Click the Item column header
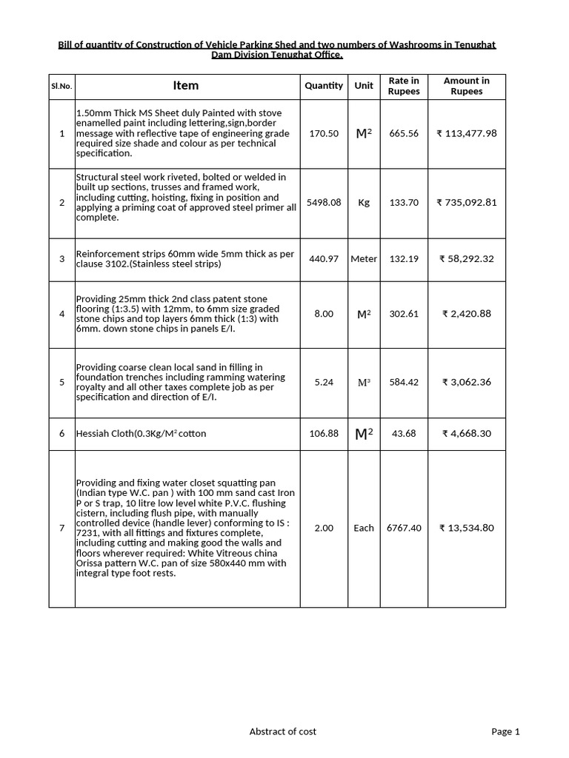185,86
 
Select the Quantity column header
324,86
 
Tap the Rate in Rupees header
404,86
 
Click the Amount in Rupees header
466,86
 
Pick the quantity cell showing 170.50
324,134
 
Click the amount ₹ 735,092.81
466,202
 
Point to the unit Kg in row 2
364,202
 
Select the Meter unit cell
364,259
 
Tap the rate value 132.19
404,259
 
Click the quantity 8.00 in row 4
324,314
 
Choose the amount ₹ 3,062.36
466,382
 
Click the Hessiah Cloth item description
141,434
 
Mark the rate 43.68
404,434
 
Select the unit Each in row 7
364,529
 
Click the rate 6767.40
404,529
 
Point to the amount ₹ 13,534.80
466,529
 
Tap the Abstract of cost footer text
282,731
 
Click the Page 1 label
505,731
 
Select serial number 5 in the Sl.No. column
61,382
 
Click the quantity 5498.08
324,202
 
